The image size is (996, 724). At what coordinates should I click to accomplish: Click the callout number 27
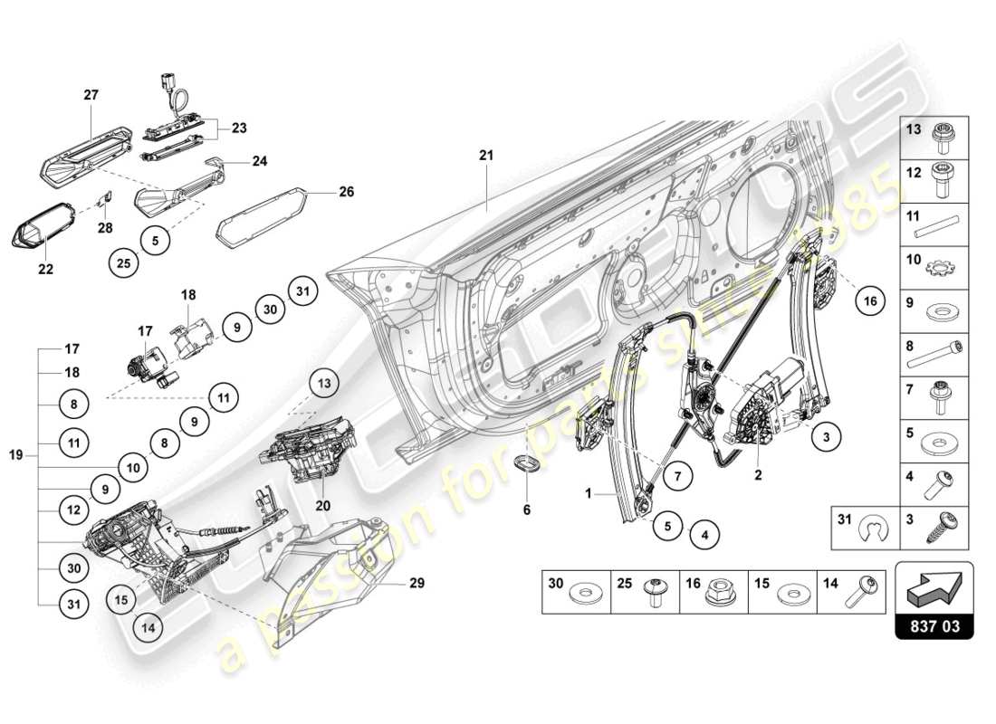tap(91, 94)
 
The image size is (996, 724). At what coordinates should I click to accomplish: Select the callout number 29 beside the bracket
tap(416, 584)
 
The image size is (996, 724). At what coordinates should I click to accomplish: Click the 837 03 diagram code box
tap(934, 624)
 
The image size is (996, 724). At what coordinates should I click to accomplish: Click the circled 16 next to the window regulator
tap(870, 303)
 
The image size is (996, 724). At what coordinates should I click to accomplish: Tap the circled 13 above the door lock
tap(324, 384)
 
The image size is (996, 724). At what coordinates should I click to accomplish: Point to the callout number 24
tap(260, 163)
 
